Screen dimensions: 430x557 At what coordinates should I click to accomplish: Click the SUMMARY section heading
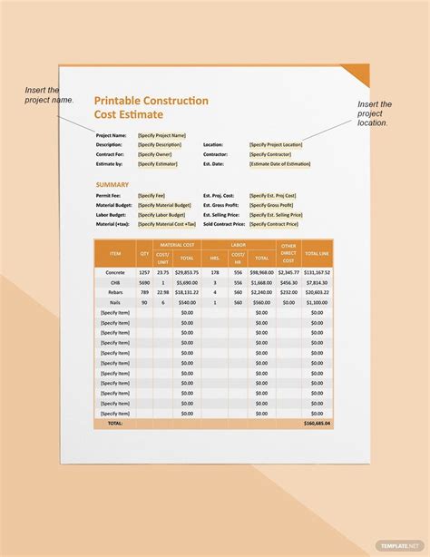pos(112,184)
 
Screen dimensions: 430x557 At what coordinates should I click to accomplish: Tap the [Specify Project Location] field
pos(276,144)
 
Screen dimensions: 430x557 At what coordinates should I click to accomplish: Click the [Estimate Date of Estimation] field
pos(280,163)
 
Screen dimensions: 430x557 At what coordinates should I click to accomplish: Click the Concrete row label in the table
pos(115,272)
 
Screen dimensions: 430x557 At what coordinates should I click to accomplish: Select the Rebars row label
pos(115,292)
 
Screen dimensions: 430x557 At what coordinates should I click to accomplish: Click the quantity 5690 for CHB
pos(144,282)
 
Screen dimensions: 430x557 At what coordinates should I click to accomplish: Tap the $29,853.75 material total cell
pos(187,272)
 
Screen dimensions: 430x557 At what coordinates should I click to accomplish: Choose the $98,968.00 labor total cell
pos(261,272)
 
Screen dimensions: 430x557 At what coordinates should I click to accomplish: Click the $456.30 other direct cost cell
pos(288,282)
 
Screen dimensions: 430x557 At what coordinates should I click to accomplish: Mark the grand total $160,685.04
pos(317,423)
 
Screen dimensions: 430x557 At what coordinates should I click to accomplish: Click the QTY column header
pos(144,253)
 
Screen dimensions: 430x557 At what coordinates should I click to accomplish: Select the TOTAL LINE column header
pos(317,253)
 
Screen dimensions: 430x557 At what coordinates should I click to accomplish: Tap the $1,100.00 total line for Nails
pos(317,302)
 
